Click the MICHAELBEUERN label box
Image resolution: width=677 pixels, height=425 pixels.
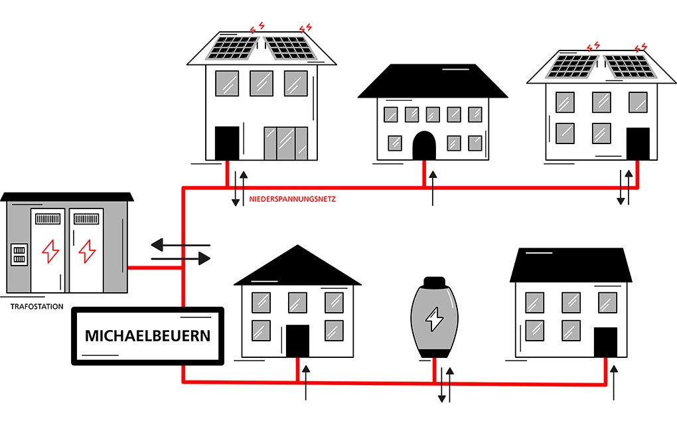pos(147,335)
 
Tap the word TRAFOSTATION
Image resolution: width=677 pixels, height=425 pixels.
pos(37,307)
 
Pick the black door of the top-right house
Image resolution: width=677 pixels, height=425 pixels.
pos(638,143)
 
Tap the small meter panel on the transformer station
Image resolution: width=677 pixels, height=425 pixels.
pos(19,254)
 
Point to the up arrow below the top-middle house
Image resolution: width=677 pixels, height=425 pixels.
pos(433,188)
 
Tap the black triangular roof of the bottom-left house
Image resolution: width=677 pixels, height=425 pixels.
pos(297,265)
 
